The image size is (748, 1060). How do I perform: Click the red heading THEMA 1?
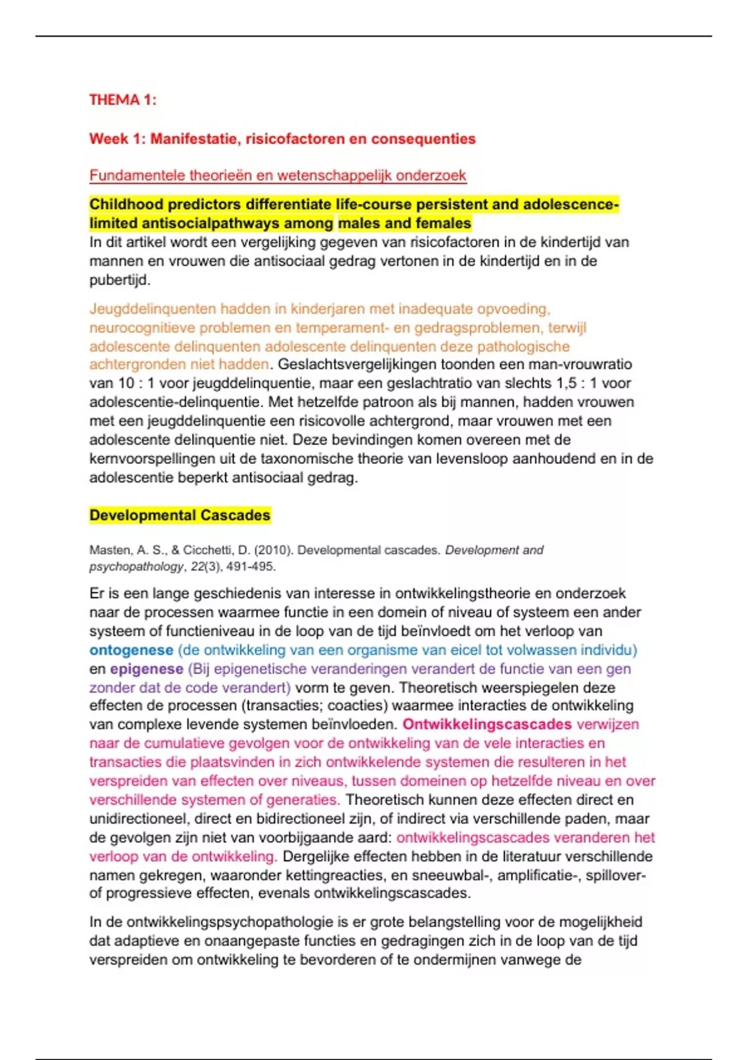(x=123, y=100)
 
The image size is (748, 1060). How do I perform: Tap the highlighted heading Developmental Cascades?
(x=180, y=515)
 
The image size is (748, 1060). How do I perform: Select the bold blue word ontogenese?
(x=131, y=650)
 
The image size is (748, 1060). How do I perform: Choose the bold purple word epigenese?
(x=146, y=668)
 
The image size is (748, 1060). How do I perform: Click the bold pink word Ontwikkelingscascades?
(x=487, y=725)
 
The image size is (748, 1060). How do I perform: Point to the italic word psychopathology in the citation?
(x=137, y=567)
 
